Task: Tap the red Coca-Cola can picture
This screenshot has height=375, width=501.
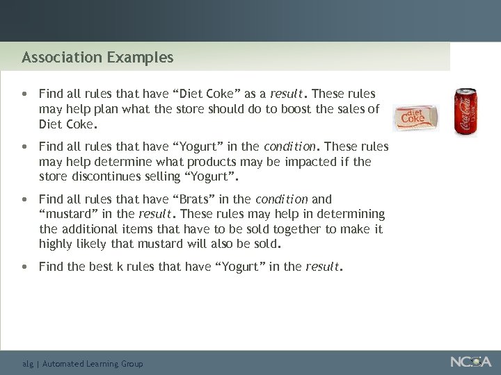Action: coord(465,111)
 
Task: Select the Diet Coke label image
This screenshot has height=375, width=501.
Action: coord(415,117)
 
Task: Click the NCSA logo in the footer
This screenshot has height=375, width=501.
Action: coord(470,362)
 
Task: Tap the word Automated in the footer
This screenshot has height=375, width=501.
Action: coord(63,364)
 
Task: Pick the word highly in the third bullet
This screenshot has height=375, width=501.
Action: coord(56,244)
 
